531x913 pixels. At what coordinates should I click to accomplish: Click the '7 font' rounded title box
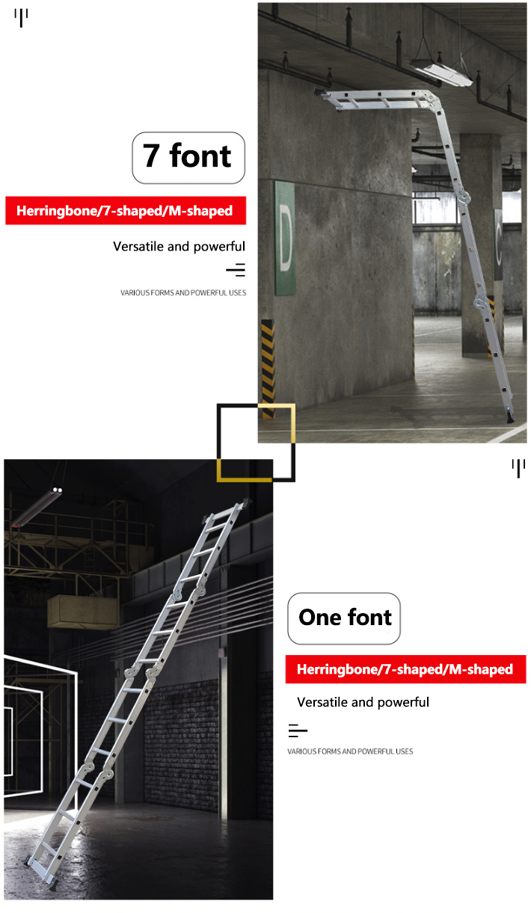188,158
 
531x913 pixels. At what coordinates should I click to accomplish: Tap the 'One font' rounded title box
344,618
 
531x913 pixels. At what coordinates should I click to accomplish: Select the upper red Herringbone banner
126,211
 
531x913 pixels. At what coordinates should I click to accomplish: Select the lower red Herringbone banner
405,669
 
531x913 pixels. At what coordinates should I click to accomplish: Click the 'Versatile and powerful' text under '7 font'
179,247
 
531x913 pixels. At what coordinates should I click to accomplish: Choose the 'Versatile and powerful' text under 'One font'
363,703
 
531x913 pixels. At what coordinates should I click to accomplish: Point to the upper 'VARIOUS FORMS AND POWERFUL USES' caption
183,293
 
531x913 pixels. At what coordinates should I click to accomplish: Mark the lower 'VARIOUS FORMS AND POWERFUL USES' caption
350,751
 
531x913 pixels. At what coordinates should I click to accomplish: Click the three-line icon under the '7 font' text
236,270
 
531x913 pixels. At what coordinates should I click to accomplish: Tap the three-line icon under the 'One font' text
298,731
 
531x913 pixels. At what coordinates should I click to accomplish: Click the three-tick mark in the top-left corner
21,16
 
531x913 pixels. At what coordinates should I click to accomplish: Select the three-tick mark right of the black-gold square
518,468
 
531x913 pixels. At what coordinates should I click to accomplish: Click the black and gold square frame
256,443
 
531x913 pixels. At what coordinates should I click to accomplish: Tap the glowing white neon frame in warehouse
41,718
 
